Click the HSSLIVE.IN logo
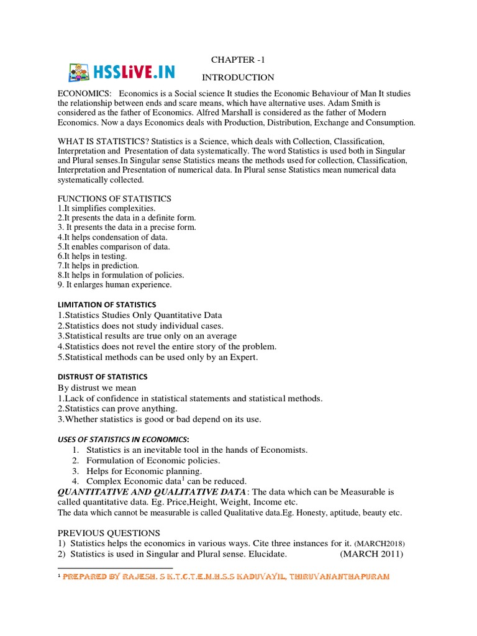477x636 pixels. [121, 72]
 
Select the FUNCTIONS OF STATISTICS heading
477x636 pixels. [114, 198]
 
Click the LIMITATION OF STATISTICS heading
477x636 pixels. [107, 304]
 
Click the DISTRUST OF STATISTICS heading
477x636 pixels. [102, 376]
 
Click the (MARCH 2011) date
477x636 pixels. [371, 554]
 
